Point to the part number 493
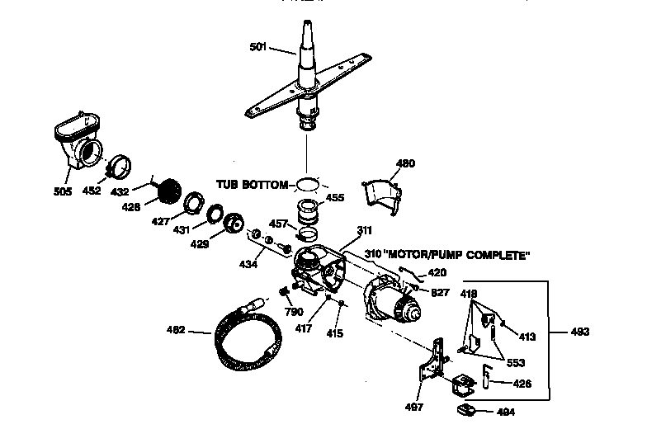point(580,332)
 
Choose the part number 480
point(405,163)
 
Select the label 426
point(522,384)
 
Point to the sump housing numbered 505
point(78,144)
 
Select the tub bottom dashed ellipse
point(307,183)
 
